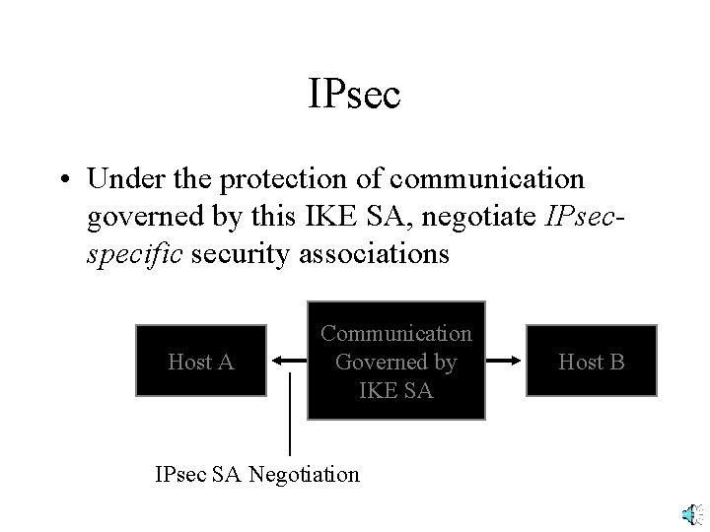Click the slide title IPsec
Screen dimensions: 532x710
354,96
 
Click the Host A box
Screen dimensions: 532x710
201,362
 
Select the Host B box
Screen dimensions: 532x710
592,362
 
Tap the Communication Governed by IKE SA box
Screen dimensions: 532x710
396,361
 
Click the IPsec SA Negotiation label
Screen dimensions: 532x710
257,474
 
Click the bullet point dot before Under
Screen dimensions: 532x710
65,180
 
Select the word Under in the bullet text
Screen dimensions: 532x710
121,179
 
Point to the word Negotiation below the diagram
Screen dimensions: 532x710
305,474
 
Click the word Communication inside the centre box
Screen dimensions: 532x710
396,334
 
